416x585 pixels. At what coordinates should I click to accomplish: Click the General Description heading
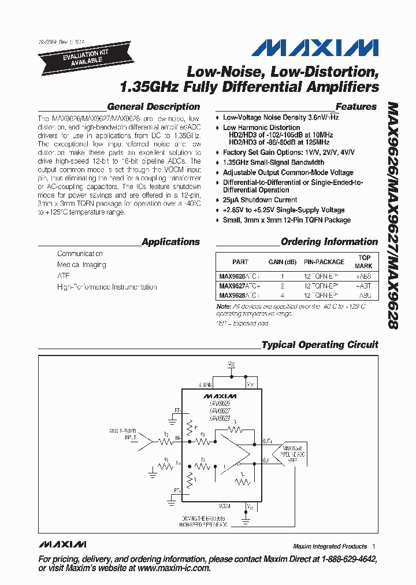(x=154, y=107)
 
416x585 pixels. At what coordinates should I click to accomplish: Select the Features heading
(x=356, y=107)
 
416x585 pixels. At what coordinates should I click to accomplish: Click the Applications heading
(x=170, y=242)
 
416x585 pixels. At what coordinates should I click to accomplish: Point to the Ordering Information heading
(x=329, y=242)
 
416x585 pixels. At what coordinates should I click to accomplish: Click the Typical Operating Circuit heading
(x=320, y=345)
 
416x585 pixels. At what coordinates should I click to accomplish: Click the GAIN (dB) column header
(x=283, y=262)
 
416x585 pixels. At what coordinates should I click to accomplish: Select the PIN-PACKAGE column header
(x=324, y=262)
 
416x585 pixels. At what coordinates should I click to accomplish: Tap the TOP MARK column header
(x=364, y=262)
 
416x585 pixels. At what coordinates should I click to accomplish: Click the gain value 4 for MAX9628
(x=283, y=294)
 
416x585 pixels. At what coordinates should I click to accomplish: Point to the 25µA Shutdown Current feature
(x=260, y=200)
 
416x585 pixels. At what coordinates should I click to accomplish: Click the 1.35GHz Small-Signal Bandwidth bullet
(x=273, y=162)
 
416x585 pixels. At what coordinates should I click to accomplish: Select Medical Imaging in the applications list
(x=81, y=265)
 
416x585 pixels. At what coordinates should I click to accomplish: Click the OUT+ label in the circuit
(x=267, y=440)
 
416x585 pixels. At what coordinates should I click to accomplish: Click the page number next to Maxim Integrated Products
(x=374, y=546)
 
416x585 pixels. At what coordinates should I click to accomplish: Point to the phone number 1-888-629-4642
(x=344, y=559)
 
